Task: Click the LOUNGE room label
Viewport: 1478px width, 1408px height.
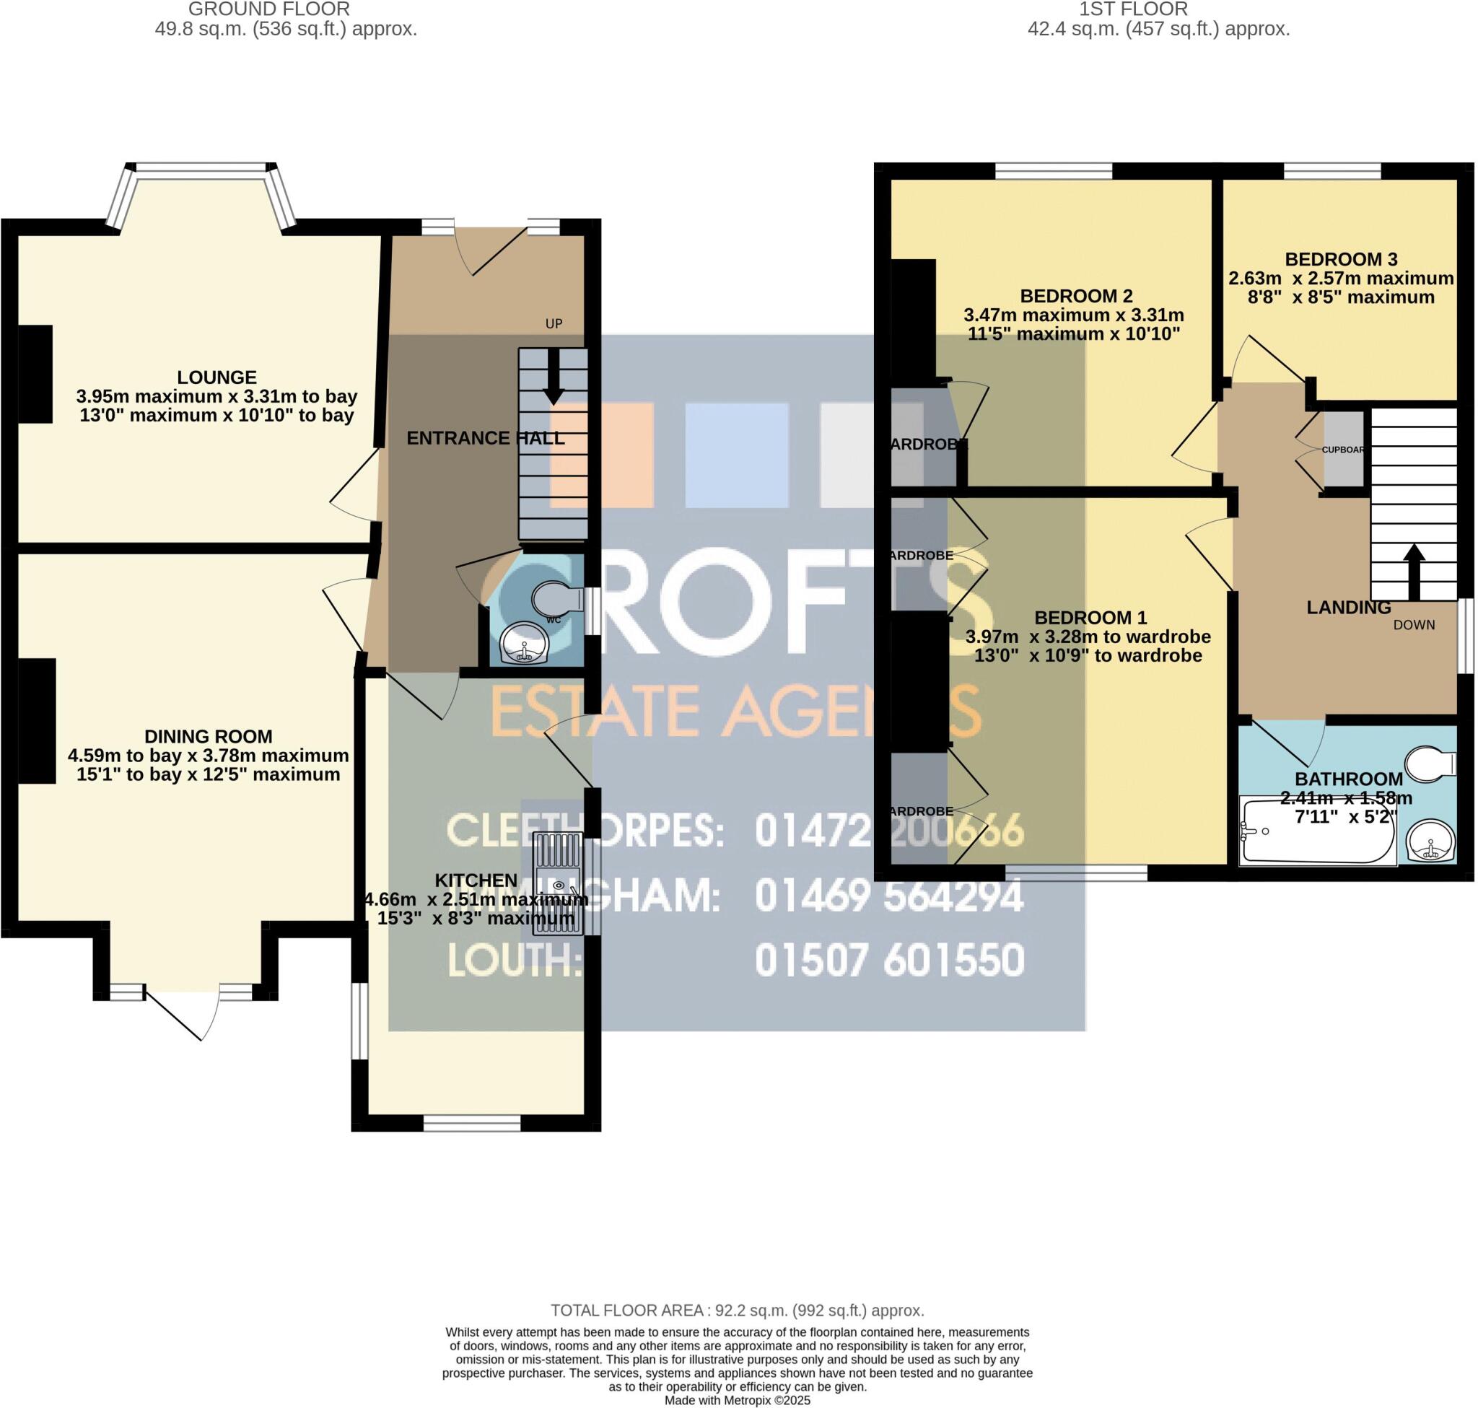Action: (x=217, y=377)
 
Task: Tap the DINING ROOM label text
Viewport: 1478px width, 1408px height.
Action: (x=208, y=737)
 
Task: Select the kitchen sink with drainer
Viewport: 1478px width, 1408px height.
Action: (x=557, y=883)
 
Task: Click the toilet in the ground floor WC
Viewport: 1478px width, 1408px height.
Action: (x=556, y=599)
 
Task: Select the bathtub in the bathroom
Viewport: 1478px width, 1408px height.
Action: (x=1317, y=831)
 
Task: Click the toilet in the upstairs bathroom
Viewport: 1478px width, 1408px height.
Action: (x=1430, y=764)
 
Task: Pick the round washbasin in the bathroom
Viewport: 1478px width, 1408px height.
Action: (x=1430, y=841)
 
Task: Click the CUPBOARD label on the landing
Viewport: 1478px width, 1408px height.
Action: (x=1342, y=450)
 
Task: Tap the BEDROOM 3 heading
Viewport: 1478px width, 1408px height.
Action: (x=1341, y=260)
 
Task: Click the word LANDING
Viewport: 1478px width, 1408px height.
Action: (x=1348, y=608)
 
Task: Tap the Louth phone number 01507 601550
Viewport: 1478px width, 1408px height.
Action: (x=889, y=961)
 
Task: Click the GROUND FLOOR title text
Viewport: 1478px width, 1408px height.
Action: (x=268, y=10)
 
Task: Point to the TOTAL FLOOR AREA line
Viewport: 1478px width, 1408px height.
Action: (x=737, y=1311)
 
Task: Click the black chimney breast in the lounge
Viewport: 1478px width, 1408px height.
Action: (x=35, y=374)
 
